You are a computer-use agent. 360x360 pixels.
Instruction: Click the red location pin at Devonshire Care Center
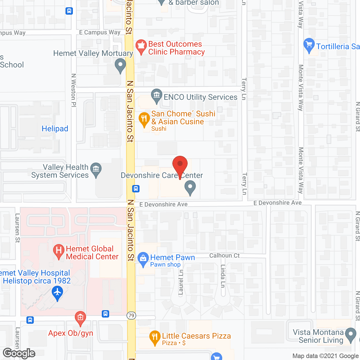coord(180,165)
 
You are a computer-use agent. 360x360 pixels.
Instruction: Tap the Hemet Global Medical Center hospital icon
coord(58,251)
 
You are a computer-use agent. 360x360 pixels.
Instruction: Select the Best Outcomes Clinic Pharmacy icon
coord(141,46)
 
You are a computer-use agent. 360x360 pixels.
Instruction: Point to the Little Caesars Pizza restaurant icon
coord(154,337)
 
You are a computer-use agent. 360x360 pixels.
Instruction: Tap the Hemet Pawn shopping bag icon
coord(143,258)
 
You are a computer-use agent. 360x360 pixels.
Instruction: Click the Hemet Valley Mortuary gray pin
coord(120,65)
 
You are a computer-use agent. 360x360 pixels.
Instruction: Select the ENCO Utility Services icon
coord(156,95)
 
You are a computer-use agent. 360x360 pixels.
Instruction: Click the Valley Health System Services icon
coord(96,170)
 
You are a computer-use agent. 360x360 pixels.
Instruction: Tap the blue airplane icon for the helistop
coord(57,292)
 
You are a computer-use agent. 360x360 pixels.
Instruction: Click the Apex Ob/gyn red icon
coord(80,318)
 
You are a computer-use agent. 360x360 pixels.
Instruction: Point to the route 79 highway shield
coord(131,315)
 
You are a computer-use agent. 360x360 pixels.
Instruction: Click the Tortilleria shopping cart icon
coord(309,45)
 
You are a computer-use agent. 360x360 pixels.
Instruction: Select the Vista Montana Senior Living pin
coord(350,335)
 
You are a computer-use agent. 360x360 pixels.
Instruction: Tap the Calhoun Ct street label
coord(224,255)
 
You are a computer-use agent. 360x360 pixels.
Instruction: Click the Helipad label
coord(55,129)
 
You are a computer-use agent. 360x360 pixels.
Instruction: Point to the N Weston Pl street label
coord(74,90)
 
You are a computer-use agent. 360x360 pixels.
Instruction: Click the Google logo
coord(19,353)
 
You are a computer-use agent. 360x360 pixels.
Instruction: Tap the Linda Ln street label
coord(223,276)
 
